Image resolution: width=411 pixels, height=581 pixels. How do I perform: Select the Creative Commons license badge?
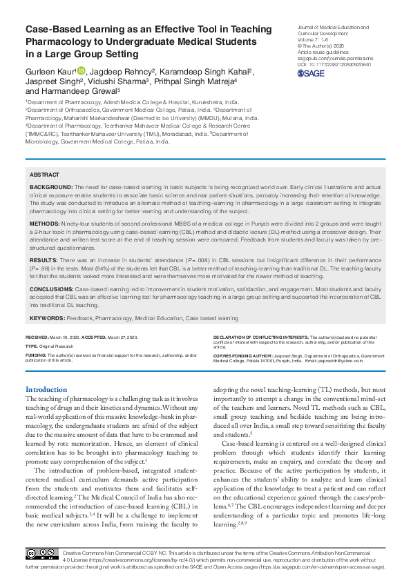(41, 554)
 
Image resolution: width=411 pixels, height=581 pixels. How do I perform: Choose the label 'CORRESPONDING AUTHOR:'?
(242, 355)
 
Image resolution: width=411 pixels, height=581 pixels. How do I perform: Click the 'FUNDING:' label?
(37, 355)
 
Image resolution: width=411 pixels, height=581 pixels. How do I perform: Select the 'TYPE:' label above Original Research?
(32, 345)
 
